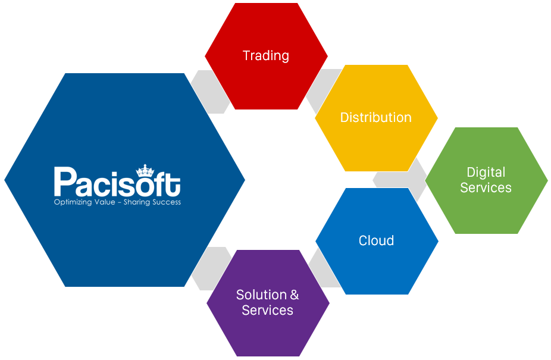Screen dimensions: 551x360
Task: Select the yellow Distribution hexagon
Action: tap(376, 118)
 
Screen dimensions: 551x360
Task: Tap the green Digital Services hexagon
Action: tap(486, 180)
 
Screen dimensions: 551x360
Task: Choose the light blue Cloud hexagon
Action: tap(377, 241)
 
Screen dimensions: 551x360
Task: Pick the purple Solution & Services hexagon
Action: tap(268, 303)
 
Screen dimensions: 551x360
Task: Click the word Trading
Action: tap(266, 56)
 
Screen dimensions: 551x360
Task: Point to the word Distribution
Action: tap(375, 117)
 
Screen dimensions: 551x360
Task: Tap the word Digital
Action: tap(486, 173)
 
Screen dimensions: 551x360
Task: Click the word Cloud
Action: tap(376, 240)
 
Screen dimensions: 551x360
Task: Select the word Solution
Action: tap(261, 295)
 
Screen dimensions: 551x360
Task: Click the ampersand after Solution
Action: tap(295, 295)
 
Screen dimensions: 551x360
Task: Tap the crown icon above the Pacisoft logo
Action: tap(145, 170)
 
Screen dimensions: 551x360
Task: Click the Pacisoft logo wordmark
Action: tap(117, 181)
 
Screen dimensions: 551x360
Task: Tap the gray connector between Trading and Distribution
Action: tap(323, 90)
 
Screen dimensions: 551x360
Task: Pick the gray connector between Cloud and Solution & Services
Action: tap(324, 268)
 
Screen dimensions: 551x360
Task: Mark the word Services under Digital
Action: tap(486, 187)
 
